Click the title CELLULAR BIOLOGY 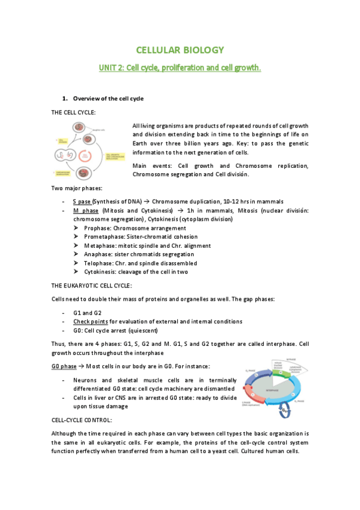coord(180,50)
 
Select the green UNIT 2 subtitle coord(180,68)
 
